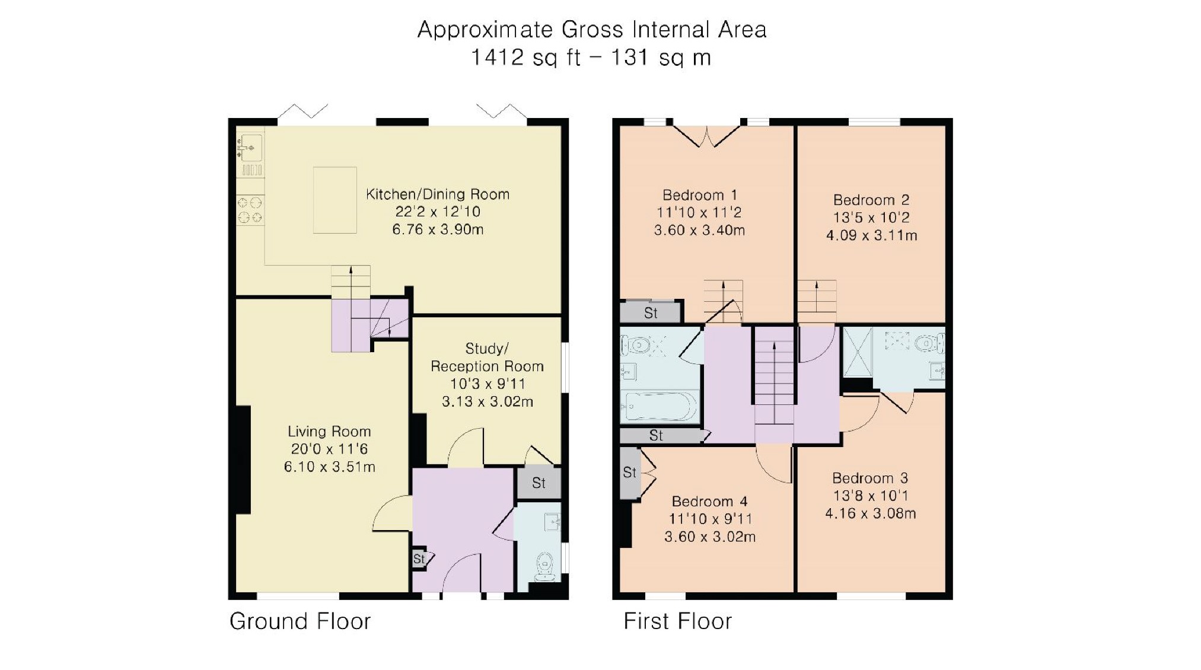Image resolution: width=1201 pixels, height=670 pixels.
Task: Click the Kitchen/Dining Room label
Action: (438, 194)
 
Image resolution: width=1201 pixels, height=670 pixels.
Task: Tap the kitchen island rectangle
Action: (335, 200)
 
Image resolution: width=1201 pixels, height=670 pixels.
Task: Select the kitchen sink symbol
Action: (250, 146)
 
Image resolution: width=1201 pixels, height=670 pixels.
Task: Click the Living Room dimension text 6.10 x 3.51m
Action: (329, 467)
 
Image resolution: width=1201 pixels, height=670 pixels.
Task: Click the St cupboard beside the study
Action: (539, 483)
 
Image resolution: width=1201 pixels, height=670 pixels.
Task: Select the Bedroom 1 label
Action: (700, 195)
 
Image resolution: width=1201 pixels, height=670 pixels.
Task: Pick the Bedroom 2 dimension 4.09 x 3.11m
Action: (871, 235)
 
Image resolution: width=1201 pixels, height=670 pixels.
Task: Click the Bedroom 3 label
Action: (870, 478)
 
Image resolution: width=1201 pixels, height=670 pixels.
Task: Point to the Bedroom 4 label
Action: (710, 502)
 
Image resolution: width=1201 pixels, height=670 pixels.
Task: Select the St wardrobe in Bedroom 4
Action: (630, 473)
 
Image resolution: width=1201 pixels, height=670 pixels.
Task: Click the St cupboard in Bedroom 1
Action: (651, 312)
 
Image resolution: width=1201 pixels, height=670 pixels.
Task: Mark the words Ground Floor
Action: (300, 621)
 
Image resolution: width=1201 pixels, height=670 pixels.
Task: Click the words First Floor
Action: (678, 621)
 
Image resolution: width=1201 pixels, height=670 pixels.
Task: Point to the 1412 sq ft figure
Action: (525, 58)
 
